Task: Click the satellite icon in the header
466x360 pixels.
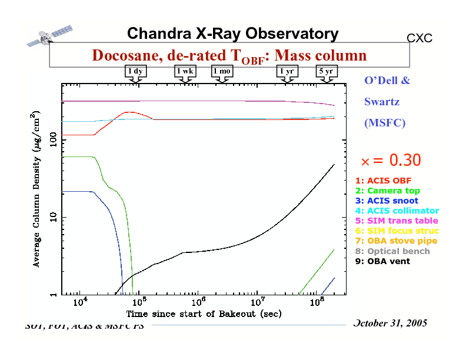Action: click(x=49, y=35)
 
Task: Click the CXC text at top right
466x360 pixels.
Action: click(x=420, y=38)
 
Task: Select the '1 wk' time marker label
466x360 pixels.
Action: click(x=185, y=71)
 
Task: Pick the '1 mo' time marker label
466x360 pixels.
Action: click(x=222, y=71)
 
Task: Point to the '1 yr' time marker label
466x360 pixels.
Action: click(x=288, y=71)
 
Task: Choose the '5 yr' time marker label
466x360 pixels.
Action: click(x=325, y=71)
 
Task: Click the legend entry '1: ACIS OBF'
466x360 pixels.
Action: click(x=383, y=181)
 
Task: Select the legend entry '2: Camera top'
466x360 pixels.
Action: click(x=387, y=191)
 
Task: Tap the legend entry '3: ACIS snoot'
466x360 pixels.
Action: click(x=387, y=201)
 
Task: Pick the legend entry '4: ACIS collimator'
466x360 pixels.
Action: click(x=397, y=211)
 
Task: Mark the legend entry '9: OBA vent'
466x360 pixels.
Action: click(x=382, y=261)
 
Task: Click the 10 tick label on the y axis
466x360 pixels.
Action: click(x=52, y=218)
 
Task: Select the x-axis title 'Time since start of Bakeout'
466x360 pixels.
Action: click(x=204, y=314)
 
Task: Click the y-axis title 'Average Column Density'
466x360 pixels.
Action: click(x=36, y=188)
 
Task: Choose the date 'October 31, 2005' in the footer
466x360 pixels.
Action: click(x=391, y=324)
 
